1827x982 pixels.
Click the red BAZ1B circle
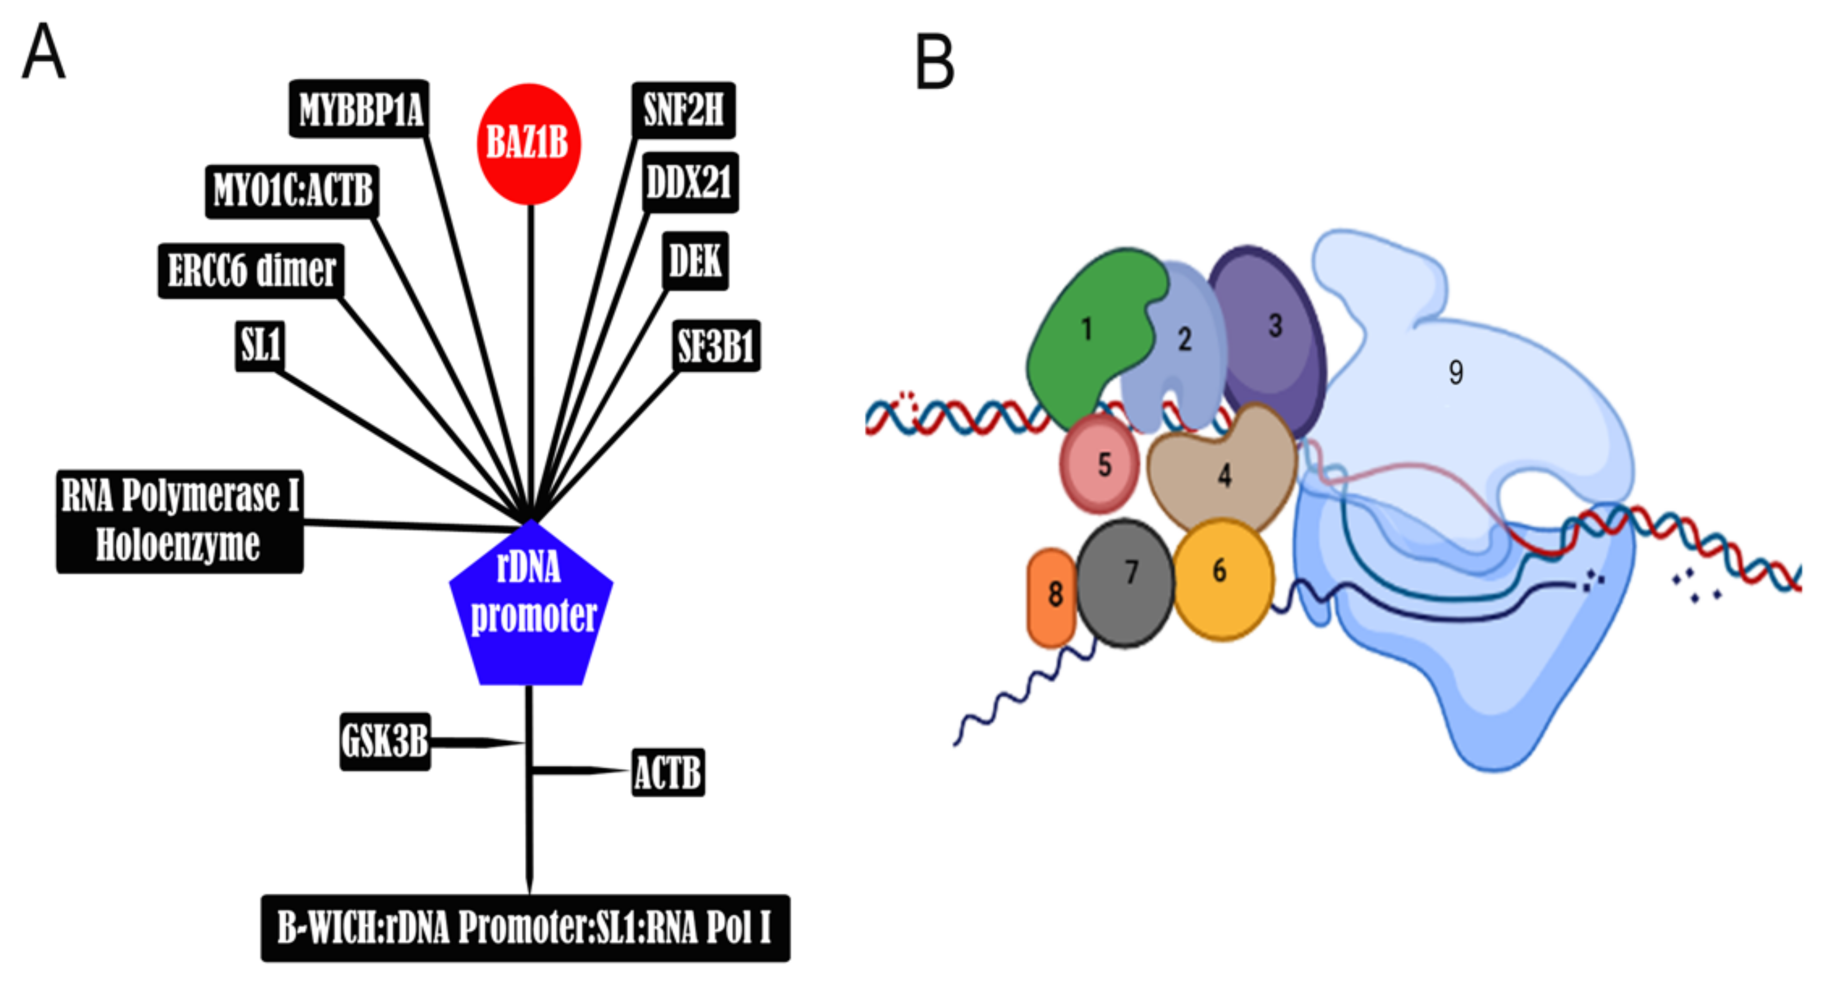tap(528, 144)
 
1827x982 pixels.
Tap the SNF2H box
tap(683, 110)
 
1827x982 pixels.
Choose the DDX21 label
tap(689, 182)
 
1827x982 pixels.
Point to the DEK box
tap(695, 261)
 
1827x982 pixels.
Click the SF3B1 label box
tap(716, 345)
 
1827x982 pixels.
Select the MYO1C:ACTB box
tap(292, 191)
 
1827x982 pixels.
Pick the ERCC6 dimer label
tap(251, 271)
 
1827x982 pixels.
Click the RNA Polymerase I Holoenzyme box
tap(180, 520)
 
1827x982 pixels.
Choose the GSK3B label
tap(385, 741)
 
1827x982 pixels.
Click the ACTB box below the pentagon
tap(667, 772)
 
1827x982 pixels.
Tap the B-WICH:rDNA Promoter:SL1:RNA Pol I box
tap(525, 927)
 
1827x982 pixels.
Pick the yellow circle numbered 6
tap(1222, 578)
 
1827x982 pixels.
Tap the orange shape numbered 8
tap(1052, 598)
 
